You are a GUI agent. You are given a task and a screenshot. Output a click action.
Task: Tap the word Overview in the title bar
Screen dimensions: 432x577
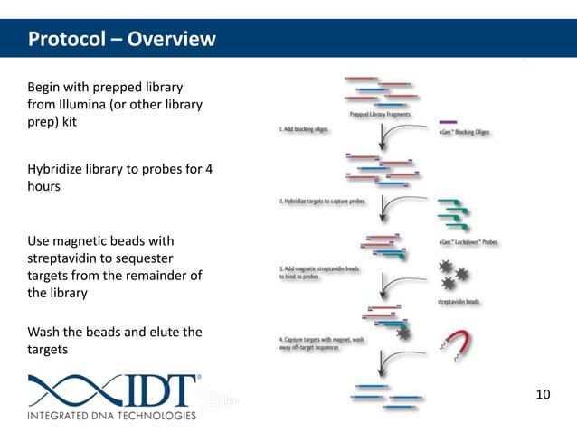point(171,40)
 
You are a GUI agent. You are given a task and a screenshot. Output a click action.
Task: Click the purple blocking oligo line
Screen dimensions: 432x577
point(448,121)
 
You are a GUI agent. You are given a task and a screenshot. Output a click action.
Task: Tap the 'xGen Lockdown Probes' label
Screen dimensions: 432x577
point(468,242)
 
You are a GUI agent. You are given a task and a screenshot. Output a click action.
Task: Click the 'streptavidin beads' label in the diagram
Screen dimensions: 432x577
point(459,302)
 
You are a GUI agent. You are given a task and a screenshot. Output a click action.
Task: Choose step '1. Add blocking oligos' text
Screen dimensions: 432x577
point(304,130)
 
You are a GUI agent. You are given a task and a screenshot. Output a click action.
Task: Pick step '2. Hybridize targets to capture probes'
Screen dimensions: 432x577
point(322,202)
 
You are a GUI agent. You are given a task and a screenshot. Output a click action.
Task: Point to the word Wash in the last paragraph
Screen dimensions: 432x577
point(45,332)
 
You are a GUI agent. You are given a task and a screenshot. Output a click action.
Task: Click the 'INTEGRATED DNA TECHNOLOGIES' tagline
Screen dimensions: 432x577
point(111,416)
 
